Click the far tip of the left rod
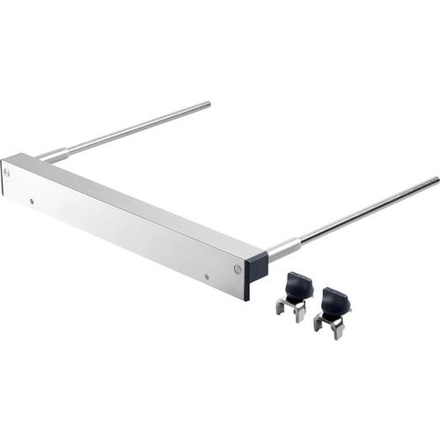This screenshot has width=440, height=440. [x=208, y=106]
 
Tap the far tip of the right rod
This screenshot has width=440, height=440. [x=436, y=180]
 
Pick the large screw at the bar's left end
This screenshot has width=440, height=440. [x=9, y=172]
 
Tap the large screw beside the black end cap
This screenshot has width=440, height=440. [x=238, y=268]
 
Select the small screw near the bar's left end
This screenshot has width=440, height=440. [x=33, y=202]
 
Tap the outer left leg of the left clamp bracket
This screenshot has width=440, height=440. [x=278, y=308]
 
